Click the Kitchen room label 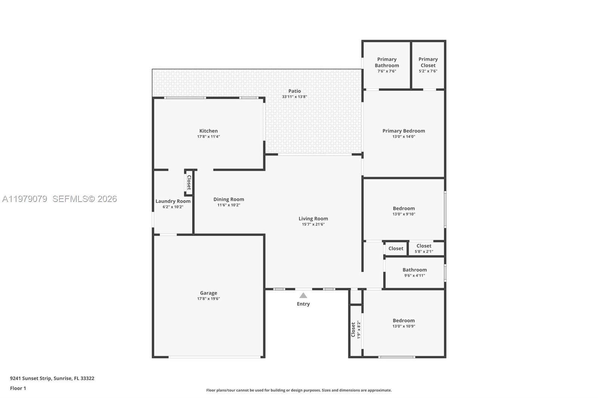coord(209,131)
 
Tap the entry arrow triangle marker coord(303,296)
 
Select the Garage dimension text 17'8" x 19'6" coord(209,299)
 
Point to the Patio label coord(295,91)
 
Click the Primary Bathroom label coord(387,62)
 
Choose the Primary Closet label coord(428,62)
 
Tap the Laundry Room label coord(173,201)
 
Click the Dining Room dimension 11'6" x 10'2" coord(229,205)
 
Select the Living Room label coord(313,219)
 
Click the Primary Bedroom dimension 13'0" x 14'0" coord(404,137)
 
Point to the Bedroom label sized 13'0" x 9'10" coord(404,209)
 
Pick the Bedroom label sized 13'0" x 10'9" coord(404,321)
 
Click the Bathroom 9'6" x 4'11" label coord(414,270)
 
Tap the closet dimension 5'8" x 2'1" coord(424,252)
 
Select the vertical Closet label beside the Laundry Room coord(189,183)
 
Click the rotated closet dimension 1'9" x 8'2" coord(359,330)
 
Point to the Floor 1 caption coord(18,388)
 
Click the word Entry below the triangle coord(303,304)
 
